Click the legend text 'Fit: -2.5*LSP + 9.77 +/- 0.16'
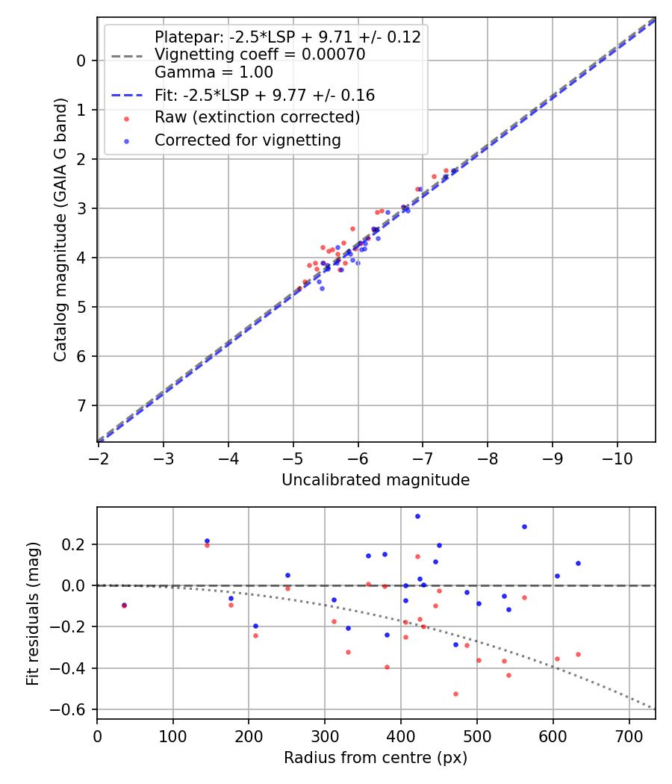(x=264, y=96)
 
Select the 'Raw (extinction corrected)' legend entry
(x=257, y=118)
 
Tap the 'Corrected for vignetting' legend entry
(x=247, y=140)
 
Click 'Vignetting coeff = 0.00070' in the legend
(x=260, y=55)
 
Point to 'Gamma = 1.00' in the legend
(x=214, y=72)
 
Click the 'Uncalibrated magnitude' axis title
(x=376, y=480)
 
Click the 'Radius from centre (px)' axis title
(x=376, y=758)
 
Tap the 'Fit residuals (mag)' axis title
(x=32, y=614)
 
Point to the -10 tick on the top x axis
(x=617, y=457)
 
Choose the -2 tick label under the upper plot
(x=98, y=457)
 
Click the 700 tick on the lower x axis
(x=629, y=735)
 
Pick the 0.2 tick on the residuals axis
(x=78, y=544)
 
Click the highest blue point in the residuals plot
(x=417, y=516)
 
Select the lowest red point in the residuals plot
(x=455, y=694)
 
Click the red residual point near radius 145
(x=207, y=545)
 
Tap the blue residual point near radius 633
(x=578, y=563)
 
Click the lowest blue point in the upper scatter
(x=322, y=288)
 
